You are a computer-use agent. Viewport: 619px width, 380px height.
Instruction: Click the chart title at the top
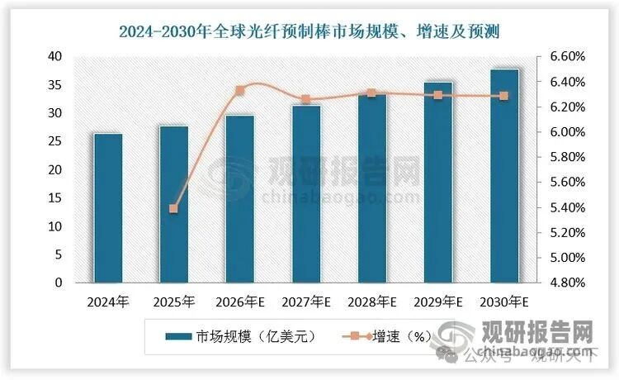point(309,32)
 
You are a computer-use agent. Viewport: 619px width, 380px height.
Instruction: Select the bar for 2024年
point(108,208)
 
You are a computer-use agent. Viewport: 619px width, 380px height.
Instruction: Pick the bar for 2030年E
point(504,176)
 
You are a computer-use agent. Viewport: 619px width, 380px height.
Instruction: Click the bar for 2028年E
point(372,188)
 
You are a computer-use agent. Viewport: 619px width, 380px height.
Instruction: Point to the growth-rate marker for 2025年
point(174,209)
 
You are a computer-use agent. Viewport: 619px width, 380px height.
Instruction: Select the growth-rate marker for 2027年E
point(306,100)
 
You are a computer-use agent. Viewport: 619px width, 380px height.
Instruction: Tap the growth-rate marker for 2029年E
point(438,96)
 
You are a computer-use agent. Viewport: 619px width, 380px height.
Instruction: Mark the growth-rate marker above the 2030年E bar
point(504,96)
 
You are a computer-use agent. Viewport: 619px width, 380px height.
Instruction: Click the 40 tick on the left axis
point(55,56)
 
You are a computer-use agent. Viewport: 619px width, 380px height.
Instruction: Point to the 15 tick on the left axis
point(55,198)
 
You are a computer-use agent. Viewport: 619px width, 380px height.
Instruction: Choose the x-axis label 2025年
point(174,302)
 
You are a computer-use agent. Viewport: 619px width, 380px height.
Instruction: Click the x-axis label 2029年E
point(438,302)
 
